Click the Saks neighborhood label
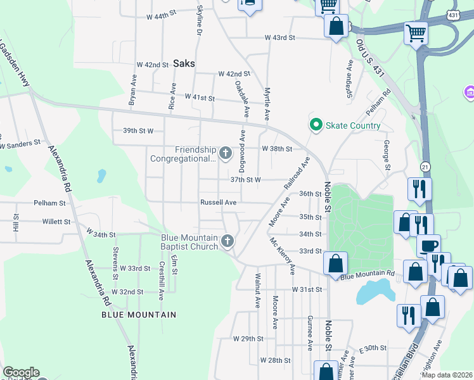pos(184,63)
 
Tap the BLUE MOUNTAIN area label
pos(139,314)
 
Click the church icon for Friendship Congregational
pos(225,153)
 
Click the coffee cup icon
pos(429,244)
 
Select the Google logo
pos(21,372)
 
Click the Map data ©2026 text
pos(447,374)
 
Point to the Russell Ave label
pos(218,203)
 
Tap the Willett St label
pos(56,222)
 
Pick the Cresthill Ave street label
pos(162,276)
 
